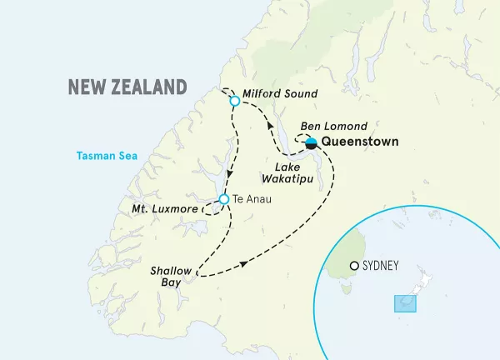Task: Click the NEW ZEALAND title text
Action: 127,87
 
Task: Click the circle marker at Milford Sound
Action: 234,101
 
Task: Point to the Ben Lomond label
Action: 334,126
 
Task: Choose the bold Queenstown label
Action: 360,142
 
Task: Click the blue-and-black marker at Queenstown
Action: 311,144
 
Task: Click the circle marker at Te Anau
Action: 223,199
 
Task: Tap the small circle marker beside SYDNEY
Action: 355,266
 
